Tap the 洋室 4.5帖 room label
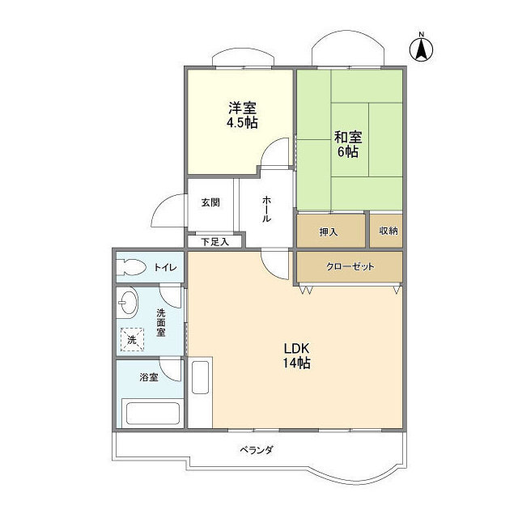click(241, 114)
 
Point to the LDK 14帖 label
click(297, 355)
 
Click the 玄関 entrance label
click(210, 202)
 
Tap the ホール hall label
click(266, 210)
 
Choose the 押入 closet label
click(329, 231)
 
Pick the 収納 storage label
click(388, 231)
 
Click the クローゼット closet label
click(350, 266)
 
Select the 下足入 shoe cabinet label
click(214, 240)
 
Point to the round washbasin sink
click(129, 306)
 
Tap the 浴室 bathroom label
click(148, 377)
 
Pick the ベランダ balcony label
click(256, 450)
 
